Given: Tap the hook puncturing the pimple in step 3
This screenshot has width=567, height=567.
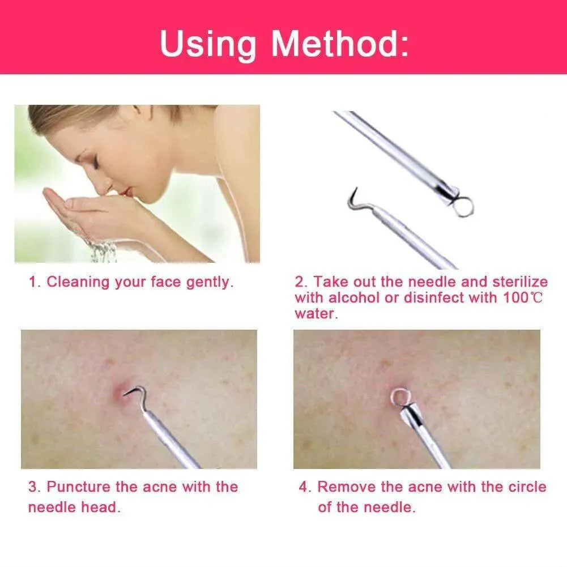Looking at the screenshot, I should tap(137, 391).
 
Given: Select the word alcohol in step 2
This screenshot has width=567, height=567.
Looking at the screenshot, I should tap(354, 298).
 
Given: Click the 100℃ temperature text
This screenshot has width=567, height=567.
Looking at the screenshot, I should tap(523, 298).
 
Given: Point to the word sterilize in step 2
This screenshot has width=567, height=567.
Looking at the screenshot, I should tap(521, 282).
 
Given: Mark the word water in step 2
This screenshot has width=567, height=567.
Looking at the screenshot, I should tap(316, 314).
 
